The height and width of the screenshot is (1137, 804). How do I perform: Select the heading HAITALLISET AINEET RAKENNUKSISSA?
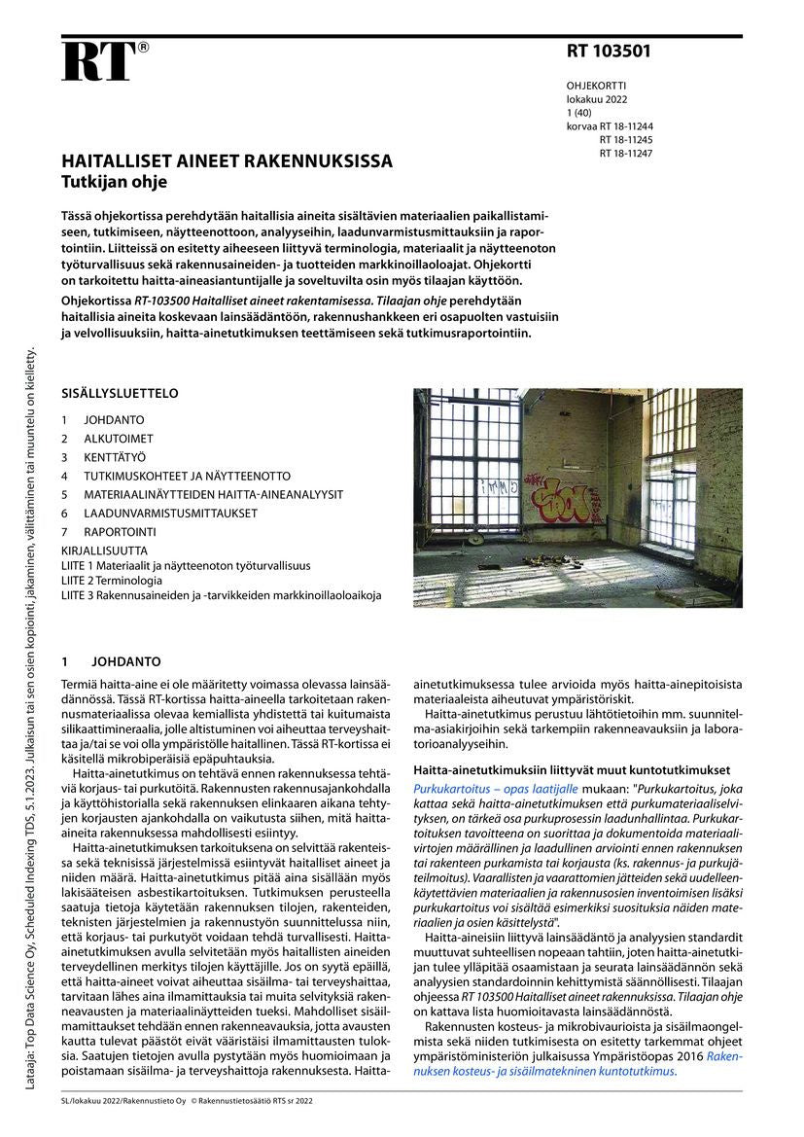coord(227,161)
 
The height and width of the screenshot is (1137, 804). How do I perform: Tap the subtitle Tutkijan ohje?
coord(114,181)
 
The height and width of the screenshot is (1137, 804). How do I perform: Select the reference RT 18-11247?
coord(626,154)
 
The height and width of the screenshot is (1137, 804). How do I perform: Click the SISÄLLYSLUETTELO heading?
coord(120,395)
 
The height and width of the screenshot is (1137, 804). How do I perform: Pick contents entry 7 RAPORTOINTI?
coord(108,532)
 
